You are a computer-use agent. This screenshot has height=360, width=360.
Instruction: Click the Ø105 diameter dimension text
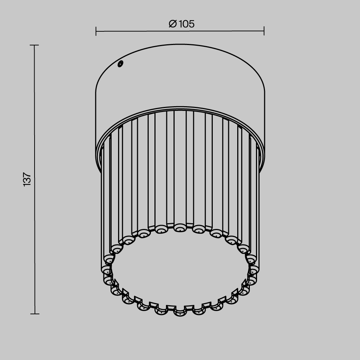[181, 24]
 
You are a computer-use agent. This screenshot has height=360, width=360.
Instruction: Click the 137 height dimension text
[27, 179]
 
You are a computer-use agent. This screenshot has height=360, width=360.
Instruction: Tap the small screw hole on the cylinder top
[120, 64]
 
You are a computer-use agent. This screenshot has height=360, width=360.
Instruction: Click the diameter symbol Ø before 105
[173, 24]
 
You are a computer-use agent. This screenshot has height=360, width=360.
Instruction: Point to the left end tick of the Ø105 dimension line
[96, 31]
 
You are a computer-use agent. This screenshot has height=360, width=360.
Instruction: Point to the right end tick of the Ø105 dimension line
[264, 31]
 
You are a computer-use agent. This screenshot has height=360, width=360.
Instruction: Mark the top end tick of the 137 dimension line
[35, 45]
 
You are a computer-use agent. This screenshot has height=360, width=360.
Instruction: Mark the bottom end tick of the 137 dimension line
[35, 314]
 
